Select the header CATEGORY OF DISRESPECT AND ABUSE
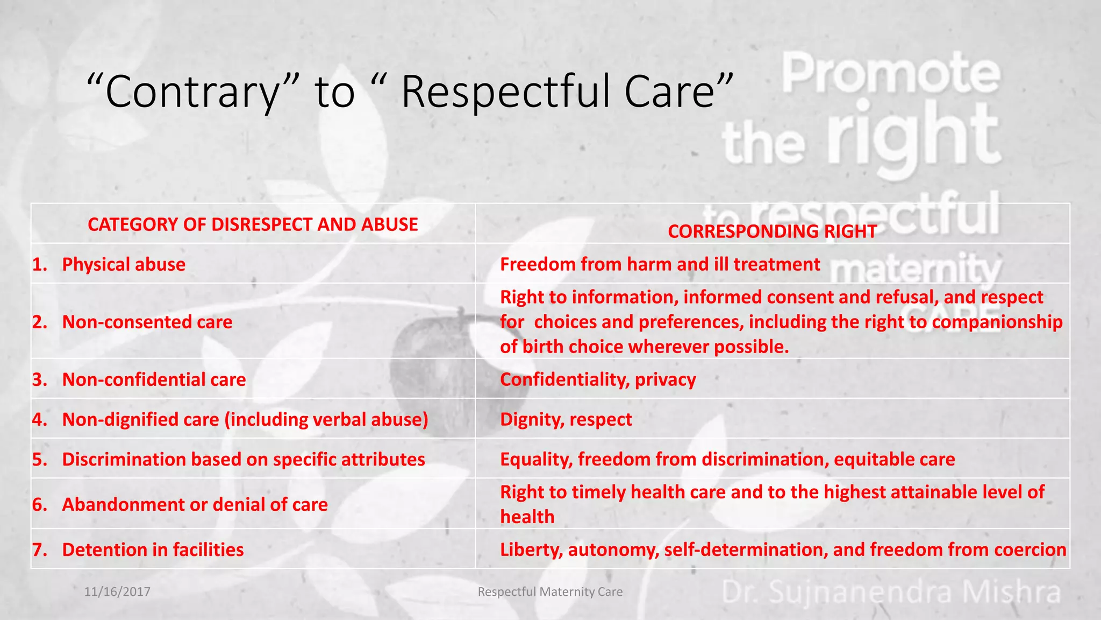[253, 224]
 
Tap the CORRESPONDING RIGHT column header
[772, 231]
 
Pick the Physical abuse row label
[124, 264]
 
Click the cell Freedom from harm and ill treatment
[660, 264]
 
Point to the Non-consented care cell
[147, 322]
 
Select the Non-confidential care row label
[154, 379]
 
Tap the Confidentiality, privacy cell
[598, 379]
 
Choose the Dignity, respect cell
[566, 419]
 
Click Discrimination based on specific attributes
[243, 459]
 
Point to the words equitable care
[894, 459]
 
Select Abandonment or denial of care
[195, 504]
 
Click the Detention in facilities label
[153, 549]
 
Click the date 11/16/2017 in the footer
[117, 591]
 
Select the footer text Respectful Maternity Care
[550, 591]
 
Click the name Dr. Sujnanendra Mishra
[891, 592]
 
